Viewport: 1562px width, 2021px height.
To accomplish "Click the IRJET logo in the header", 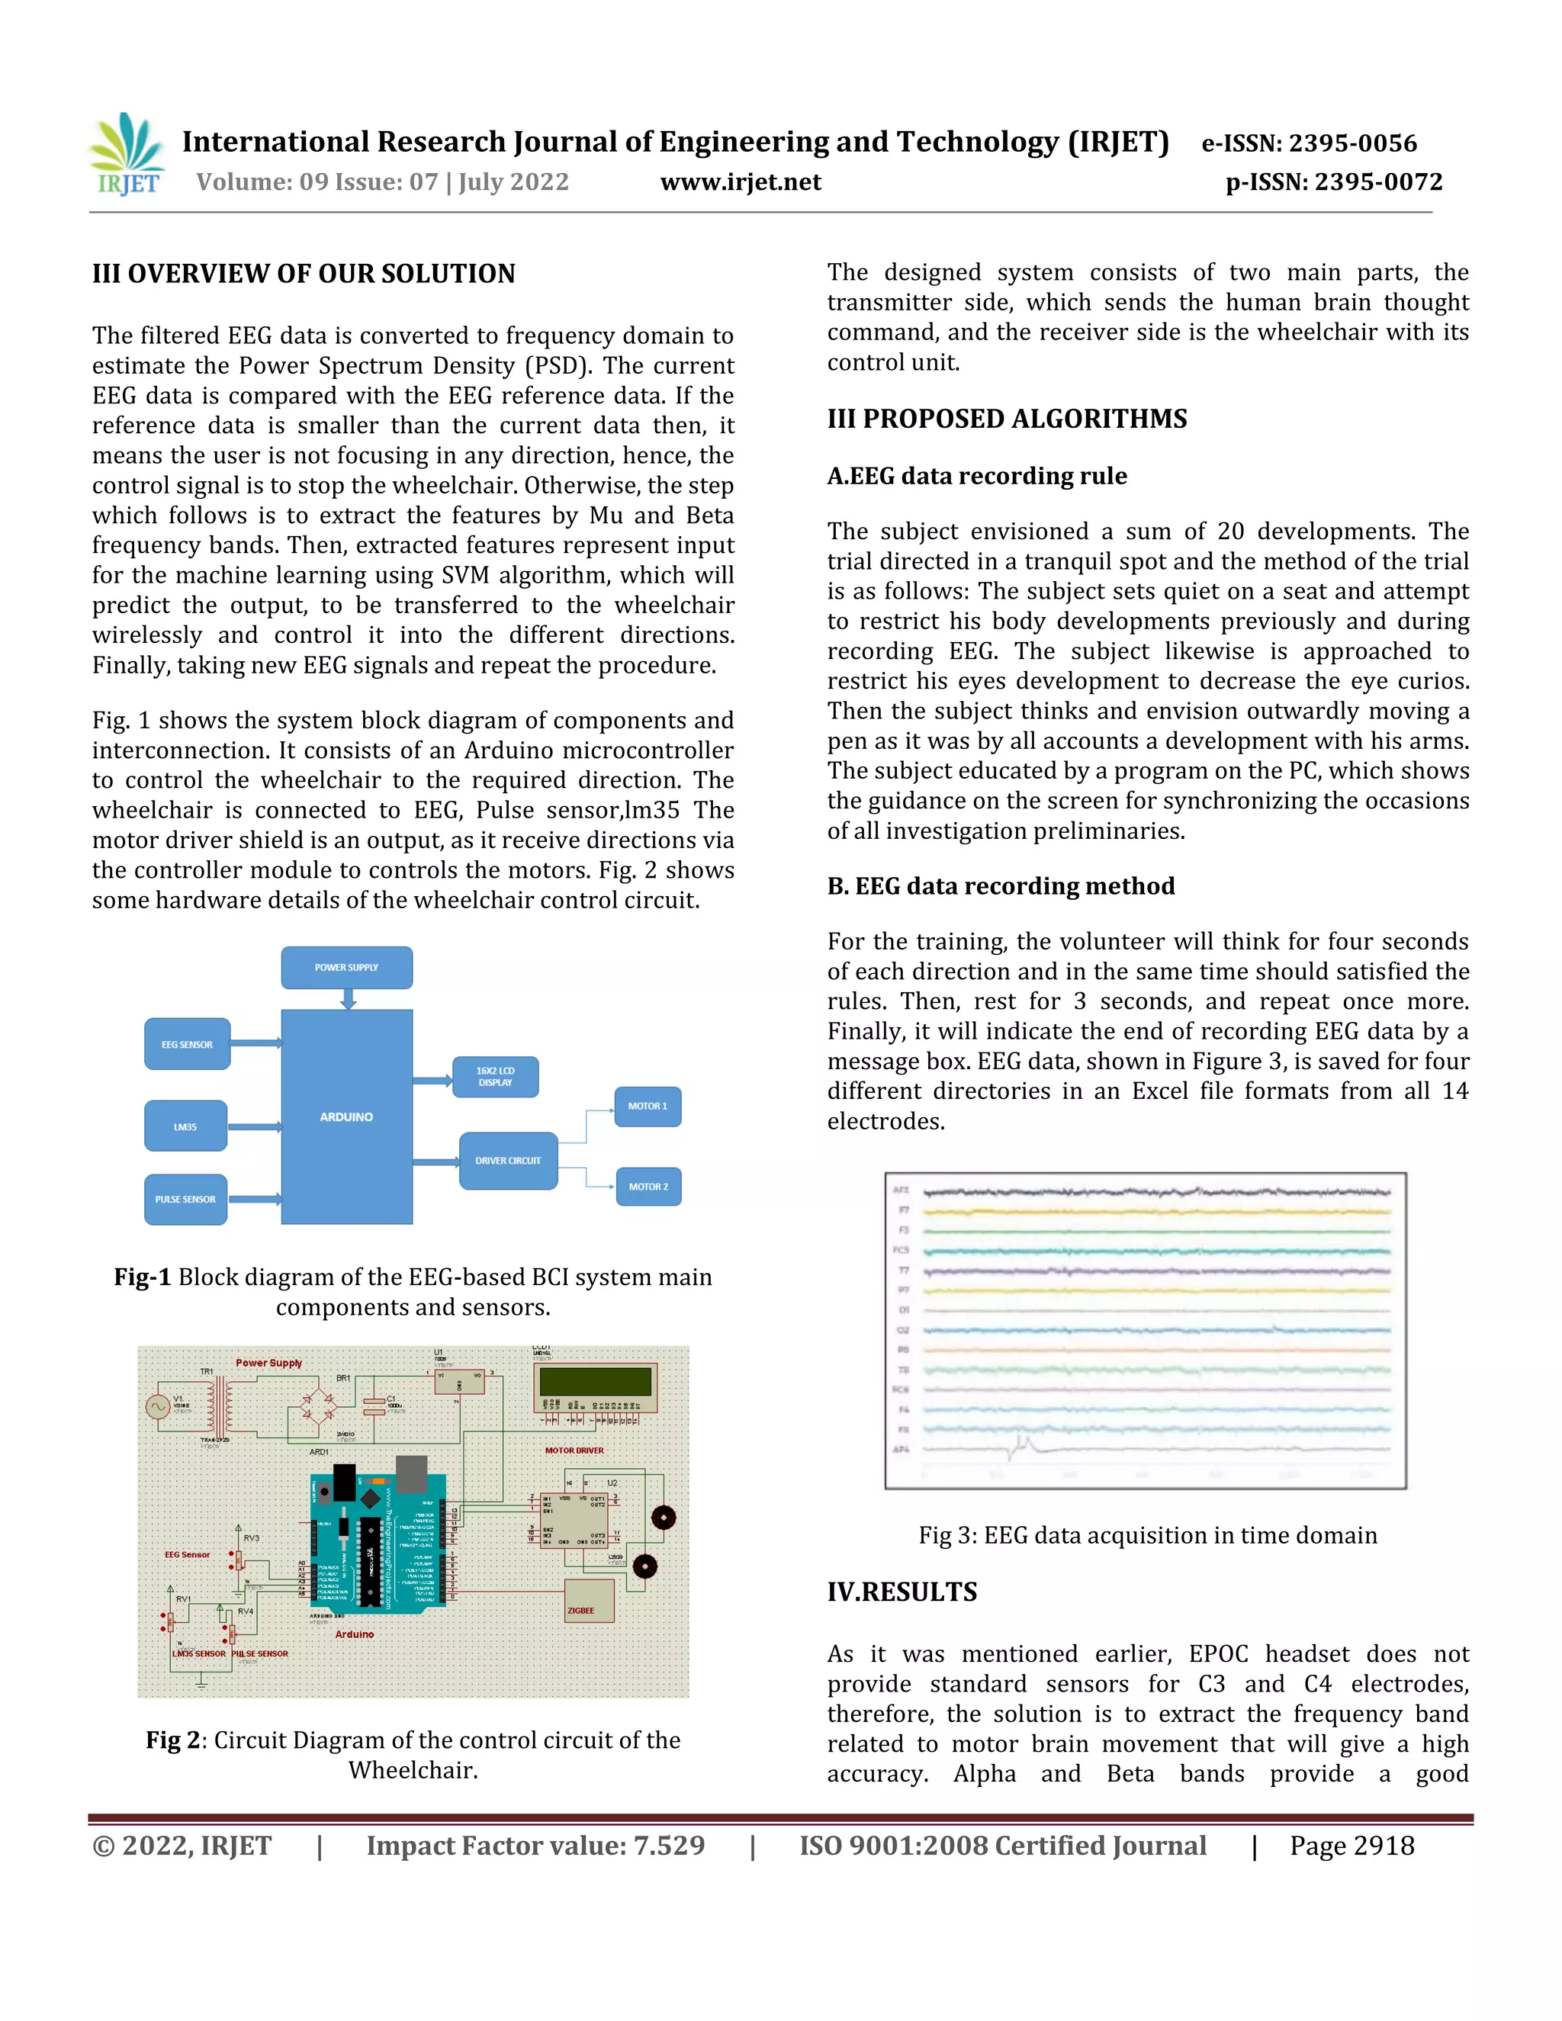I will [x=127, y=155].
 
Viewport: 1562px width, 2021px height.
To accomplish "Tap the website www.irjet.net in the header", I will [x=741, y=182].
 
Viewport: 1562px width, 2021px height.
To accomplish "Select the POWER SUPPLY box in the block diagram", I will [x=347, y=967].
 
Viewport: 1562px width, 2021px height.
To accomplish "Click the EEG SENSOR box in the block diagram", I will [x=187, y=1044].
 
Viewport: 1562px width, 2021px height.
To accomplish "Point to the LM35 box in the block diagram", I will [x=185, y=1126].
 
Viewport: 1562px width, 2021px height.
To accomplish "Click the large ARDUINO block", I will [x=347, y=1117].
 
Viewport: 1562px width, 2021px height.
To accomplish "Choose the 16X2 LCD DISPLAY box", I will [x=495, y=1076].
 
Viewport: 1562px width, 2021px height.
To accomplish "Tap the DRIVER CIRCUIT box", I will [x=508, y=1161].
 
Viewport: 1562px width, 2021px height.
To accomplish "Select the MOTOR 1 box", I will [x=648, y=1106].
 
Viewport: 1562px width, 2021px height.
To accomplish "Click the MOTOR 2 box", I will [x=648, y=1187].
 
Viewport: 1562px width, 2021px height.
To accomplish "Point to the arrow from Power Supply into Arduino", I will [x=348, y=999].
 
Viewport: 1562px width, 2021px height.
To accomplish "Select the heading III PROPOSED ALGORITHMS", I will [x=1007, y=419].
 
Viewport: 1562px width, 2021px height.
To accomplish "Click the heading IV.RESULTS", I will [x=902, y=1592].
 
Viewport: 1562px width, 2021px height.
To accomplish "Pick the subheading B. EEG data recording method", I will [x=1001, y=885].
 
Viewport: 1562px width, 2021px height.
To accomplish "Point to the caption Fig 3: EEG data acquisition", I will [x=1147, y=1535].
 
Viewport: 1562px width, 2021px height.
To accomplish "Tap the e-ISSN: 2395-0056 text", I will [x=1309, y=143].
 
